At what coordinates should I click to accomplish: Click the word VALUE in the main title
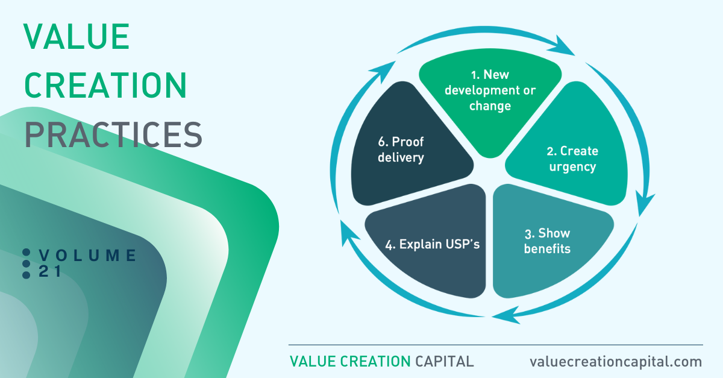tap(77, 36)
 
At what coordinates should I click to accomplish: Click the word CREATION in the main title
tap(105, 85)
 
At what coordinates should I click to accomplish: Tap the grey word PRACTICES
tap(113, 134)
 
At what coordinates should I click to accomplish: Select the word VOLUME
tap(87, 255)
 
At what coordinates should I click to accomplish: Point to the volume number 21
tap(50, 271)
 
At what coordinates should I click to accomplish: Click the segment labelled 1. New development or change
tap(490, 97)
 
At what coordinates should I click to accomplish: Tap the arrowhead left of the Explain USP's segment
tap(349, 232)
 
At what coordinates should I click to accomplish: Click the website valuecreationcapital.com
tap(616, 362)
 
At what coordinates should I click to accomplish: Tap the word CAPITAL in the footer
tap(445, 362)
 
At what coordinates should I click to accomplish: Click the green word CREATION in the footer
tap(375, 362)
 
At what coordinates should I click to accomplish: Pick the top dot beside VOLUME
tap(27, 253)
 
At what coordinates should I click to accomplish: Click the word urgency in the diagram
tap(572, 168)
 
